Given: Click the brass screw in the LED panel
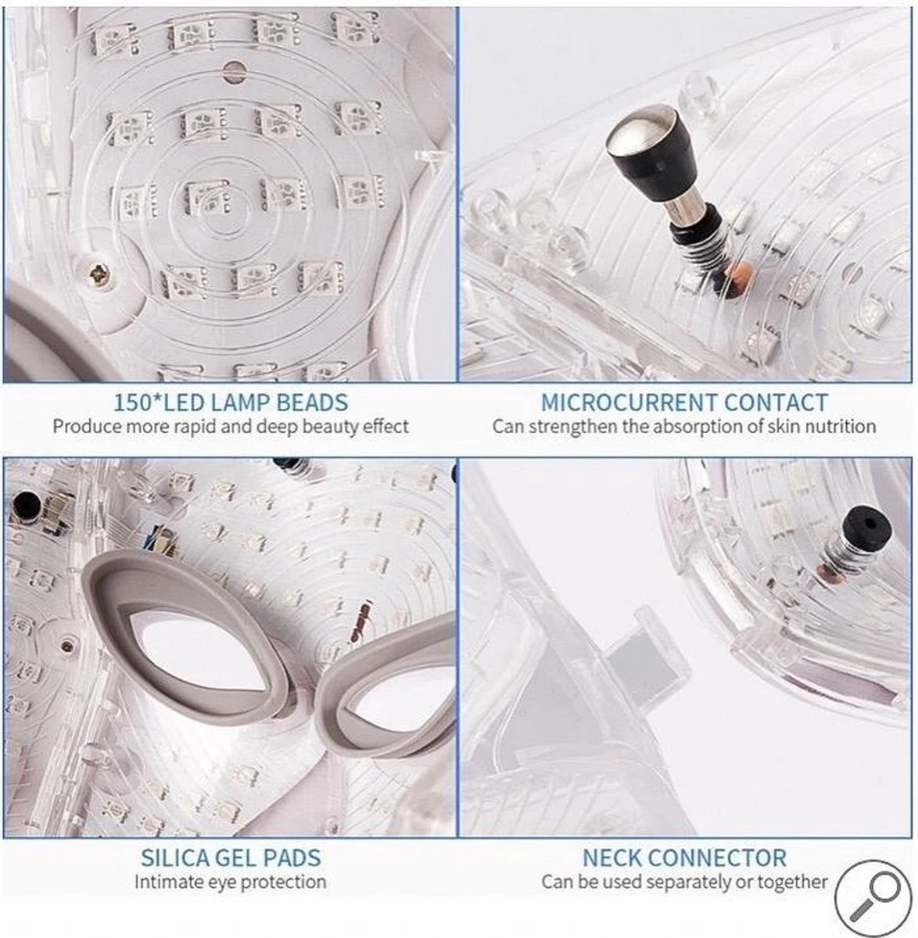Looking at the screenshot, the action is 99,274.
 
